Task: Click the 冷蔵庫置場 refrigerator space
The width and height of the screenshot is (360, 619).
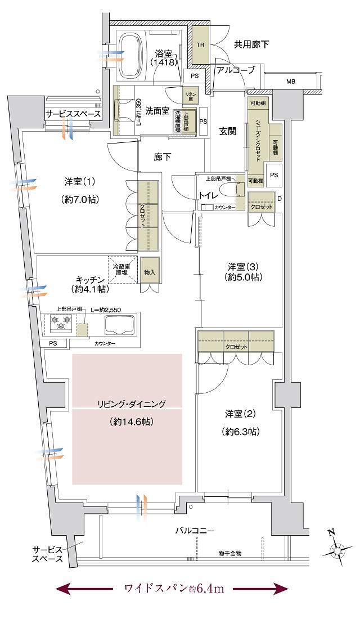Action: click(x=122, y=271)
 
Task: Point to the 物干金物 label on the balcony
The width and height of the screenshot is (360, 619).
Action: click(x=229, y=553)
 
